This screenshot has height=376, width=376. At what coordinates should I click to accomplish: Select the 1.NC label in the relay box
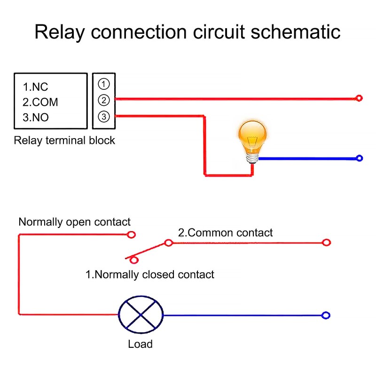click(x=36, y=87)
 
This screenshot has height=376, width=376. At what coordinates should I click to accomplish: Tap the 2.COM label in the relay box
click(x=40, y=102)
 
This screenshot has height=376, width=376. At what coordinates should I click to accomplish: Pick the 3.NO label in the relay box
click(x=36, y=117)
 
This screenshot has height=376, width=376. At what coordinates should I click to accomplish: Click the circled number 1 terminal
click(x=104, y=84)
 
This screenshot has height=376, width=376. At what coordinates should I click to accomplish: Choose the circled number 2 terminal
click(x=104, y=100)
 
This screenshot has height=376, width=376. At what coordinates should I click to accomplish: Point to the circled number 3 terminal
click(x=104, y=116)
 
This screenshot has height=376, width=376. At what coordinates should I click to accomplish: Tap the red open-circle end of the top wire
click(x=359, y=98)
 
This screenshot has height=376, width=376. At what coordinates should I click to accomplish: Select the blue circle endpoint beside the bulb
click(x=360, y=158)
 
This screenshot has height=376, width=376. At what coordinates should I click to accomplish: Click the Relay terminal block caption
click(x=64, y=141)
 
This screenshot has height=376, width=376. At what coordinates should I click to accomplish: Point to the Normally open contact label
click(x=74, y=222)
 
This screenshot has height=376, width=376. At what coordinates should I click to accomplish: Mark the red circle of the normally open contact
click(x=132, y=234)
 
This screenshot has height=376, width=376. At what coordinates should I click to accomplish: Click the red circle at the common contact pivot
click(x=168, y=243)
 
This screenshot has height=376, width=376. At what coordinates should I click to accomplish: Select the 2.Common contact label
click(x=225, y=232)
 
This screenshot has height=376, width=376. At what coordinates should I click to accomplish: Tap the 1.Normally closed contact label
click(x=149, y=274)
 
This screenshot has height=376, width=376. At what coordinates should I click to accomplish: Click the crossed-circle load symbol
click(x=140, y=315)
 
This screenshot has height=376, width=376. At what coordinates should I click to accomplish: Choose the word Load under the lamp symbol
click(x=140, y=344)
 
